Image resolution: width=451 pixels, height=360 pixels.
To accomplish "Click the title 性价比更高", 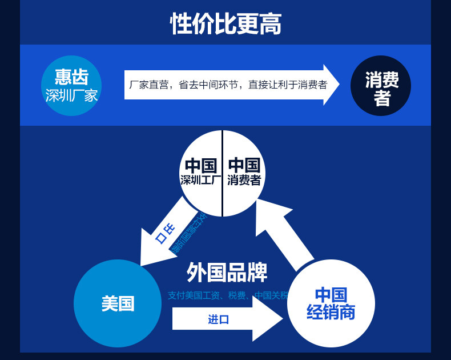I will [x=226, y=24].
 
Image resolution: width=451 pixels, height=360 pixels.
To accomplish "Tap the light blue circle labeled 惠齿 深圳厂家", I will [x=72, y=86].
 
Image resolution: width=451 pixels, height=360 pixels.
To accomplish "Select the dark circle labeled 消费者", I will [x=381, y=86].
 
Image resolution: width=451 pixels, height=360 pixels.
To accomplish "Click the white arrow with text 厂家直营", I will [x=228, y=85].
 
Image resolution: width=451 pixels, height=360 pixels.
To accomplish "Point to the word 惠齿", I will [x=71, y=77].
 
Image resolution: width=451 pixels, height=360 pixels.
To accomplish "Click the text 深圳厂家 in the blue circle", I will [x=72, y=95].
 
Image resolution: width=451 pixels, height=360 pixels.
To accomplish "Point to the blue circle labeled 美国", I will [x=118, y=303].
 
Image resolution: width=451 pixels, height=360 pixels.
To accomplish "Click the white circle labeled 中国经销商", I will [x=331, y=303].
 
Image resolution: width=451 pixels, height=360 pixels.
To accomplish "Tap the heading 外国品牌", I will [x=227, y=273].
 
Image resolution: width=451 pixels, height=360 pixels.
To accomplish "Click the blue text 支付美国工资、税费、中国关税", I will [x=228, y=295].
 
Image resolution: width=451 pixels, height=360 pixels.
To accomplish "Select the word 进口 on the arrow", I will [x=218, y=319].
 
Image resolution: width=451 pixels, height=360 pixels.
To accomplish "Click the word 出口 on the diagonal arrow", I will [x=165, y=234].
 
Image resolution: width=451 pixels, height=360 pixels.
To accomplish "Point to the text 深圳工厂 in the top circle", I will [x=200, y=181].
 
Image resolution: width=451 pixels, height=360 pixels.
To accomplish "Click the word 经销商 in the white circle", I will [x=331, y=313].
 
